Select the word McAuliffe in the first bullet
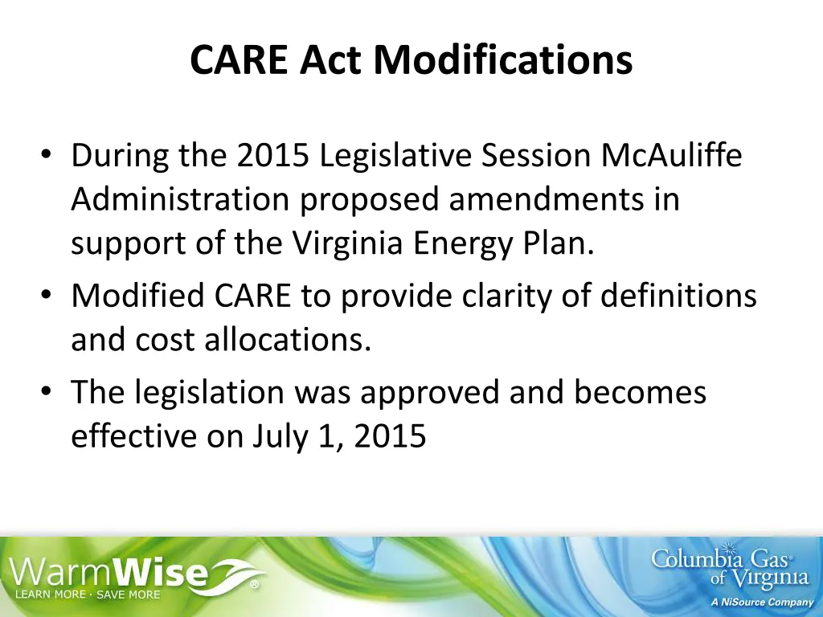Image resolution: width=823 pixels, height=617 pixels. click(672, 156)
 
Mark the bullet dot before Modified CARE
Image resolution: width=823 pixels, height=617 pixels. click(47, 296)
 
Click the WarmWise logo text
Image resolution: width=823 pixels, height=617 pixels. click(121, 572)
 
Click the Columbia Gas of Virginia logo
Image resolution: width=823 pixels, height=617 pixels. click(729, 567)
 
